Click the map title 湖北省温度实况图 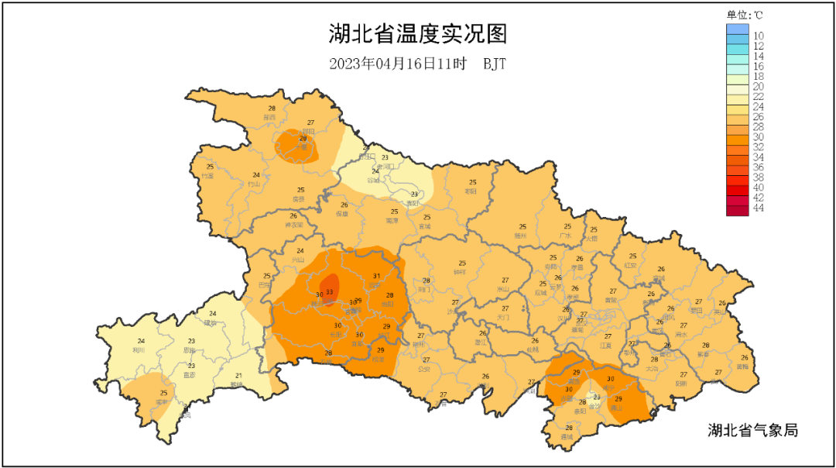pyautogui.click(x=417, y=35)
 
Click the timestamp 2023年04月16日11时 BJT pyautogui.click(x=417, y=64)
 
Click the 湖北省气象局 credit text pyautogui.click(x=752, y=430)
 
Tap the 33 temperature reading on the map pyautogui.click(x=330, y=292)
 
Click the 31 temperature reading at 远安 pyautogui.click(x=377, y=277)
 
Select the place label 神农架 pyautogui.click(x=294, y=225)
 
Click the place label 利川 pyautogui.click(x=141, y=349)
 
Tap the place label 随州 pyautogui.click(x=521, y=235)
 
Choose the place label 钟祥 pyautogui.click(x=461, y=272)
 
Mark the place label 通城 pyautogui.click(x=569, y=436)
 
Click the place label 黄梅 pyautogui.click(x=743, y=366)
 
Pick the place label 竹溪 pyautogui.click(x=207, y=176)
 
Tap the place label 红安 pyautogui.click(x=632, y=265)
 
